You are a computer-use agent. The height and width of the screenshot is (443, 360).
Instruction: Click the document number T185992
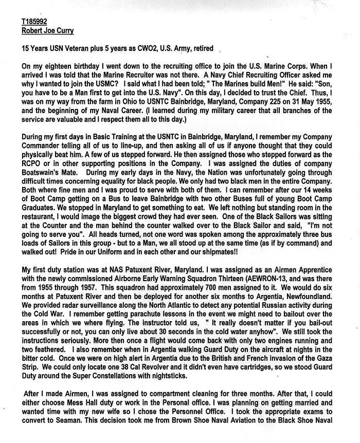pyautogui.click(x=34, y=23)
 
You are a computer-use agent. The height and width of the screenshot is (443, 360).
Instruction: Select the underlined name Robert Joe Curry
pyautogui.click(x=48, y=30)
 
